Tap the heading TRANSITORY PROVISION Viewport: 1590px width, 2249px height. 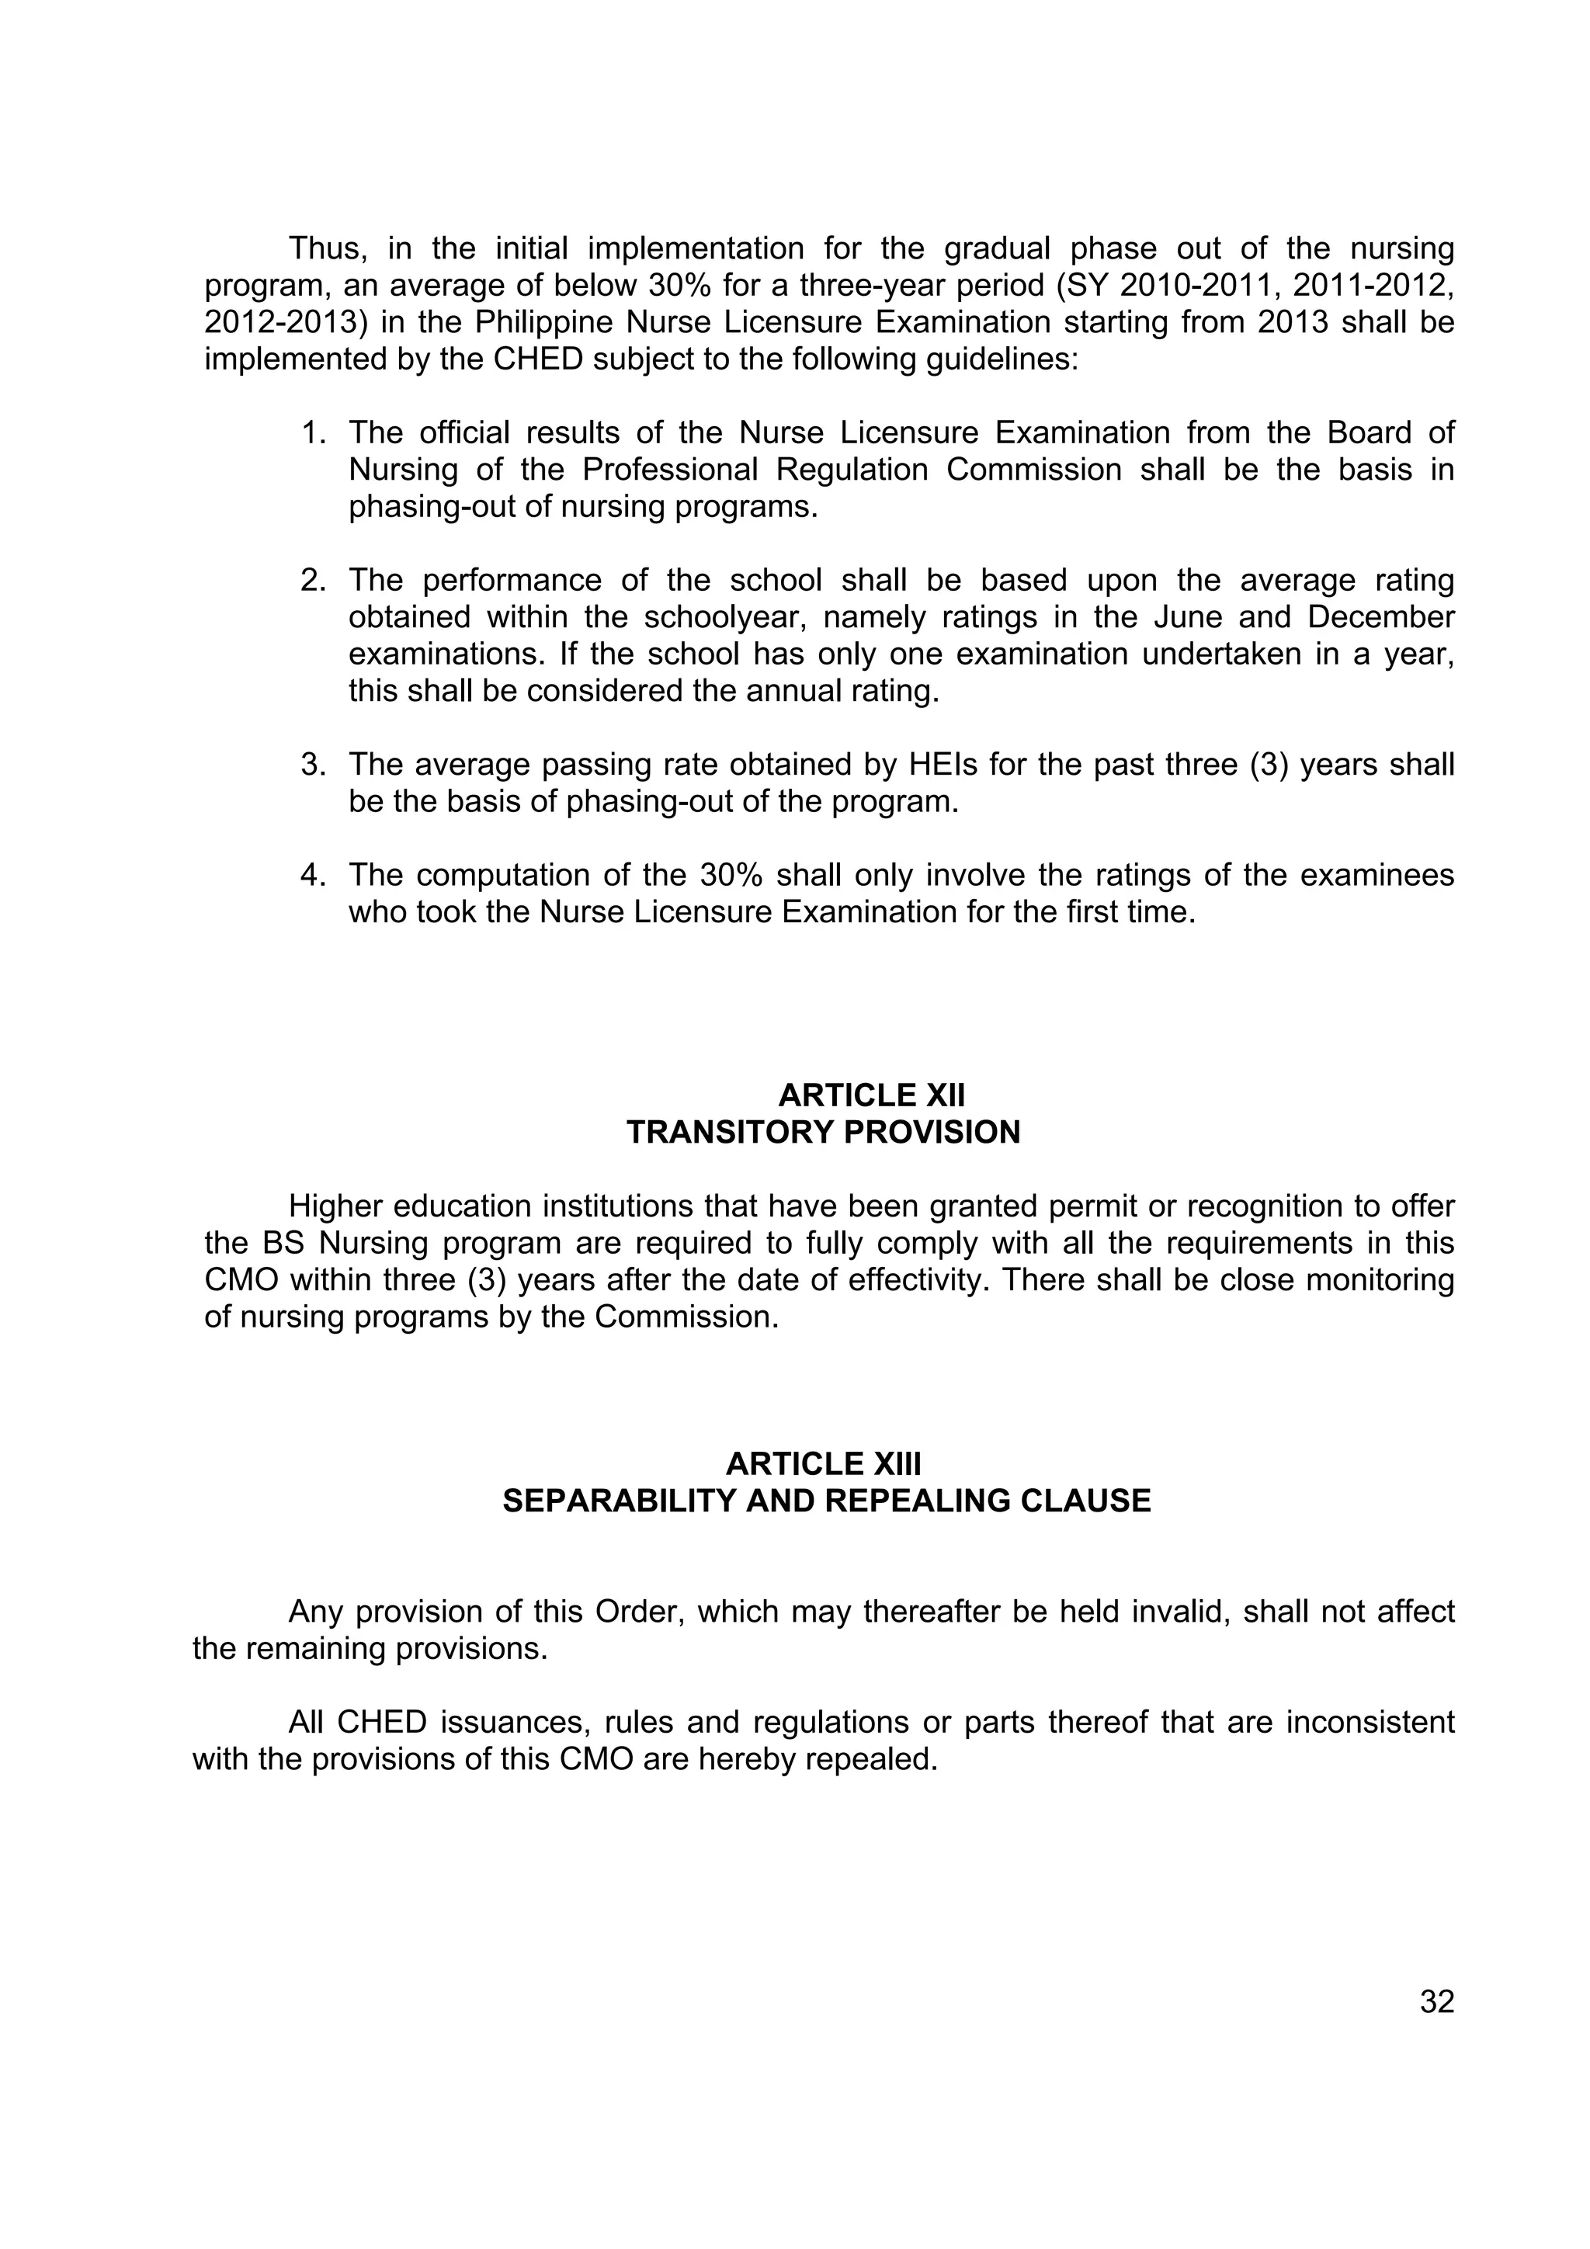pyautogui.click(x=823, y=1133)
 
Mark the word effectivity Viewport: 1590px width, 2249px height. pyautogui.click(x=906, y=1280)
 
